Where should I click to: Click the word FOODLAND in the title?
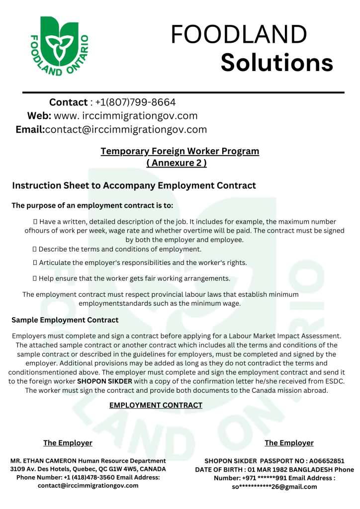[239, 35]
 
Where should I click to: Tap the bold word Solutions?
[276, 63]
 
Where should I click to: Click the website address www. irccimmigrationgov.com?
[125, 116]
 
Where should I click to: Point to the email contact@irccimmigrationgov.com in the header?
[126, 130]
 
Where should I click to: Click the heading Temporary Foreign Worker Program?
[180, 151]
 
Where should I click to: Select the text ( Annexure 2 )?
[177, 163]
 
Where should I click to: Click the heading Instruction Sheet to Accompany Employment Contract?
[134, 185]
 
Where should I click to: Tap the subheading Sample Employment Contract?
[65, 320]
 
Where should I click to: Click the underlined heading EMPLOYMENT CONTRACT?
[156, 405]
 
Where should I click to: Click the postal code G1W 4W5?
[127, 469]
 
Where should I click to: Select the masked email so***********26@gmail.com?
[274, 487]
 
